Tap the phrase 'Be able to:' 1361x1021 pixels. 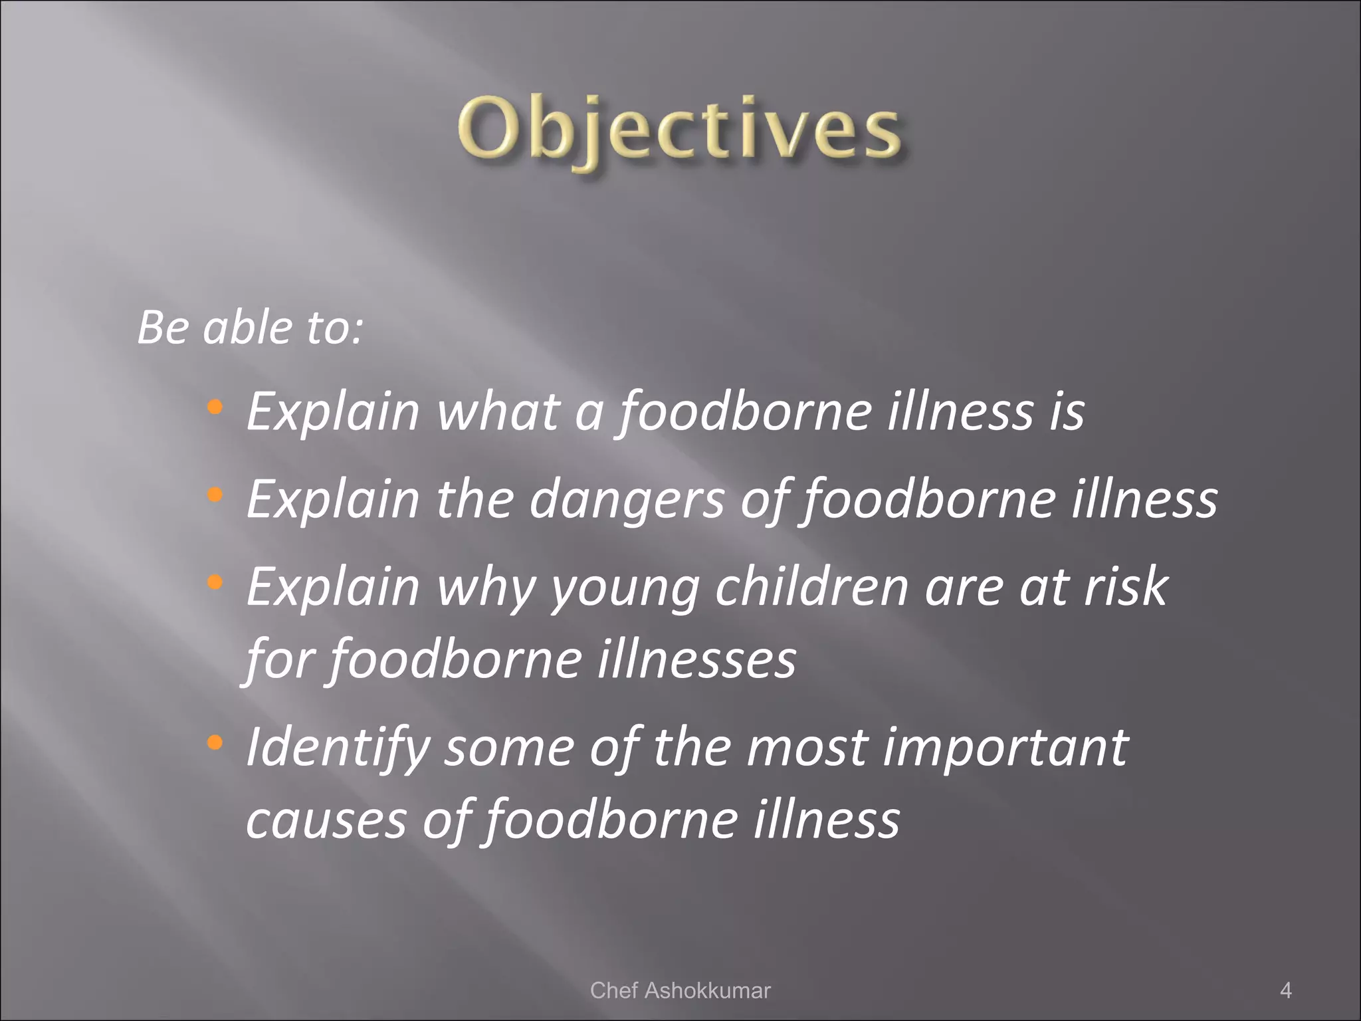(250, 328)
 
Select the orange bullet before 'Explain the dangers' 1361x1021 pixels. (214, 494)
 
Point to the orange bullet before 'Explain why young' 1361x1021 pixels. (214, 582)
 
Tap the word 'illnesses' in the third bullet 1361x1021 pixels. (696, 660)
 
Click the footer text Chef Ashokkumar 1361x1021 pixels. (680, 990)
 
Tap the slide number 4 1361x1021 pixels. (1285, 990)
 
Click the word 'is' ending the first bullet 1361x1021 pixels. (1067, 412)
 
